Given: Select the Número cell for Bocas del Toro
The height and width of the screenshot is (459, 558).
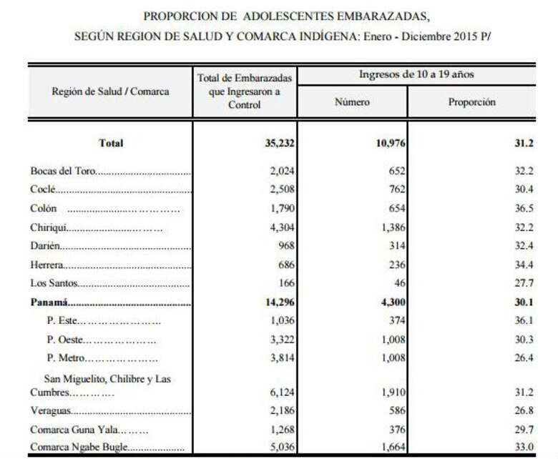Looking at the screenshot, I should coord(393,172).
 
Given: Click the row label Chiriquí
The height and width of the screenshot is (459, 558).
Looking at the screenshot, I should coord(50,229).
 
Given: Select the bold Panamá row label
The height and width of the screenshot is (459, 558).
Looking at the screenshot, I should coord(51,302).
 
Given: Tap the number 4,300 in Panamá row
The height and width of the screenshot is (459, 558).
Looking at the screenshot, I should coord(391,302).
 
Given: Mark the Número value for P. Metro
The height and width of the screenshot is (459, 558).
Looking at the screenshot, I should coord(391,358).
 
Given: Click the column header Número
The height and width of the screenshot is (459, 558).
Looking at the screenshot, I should coord(353,102).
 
